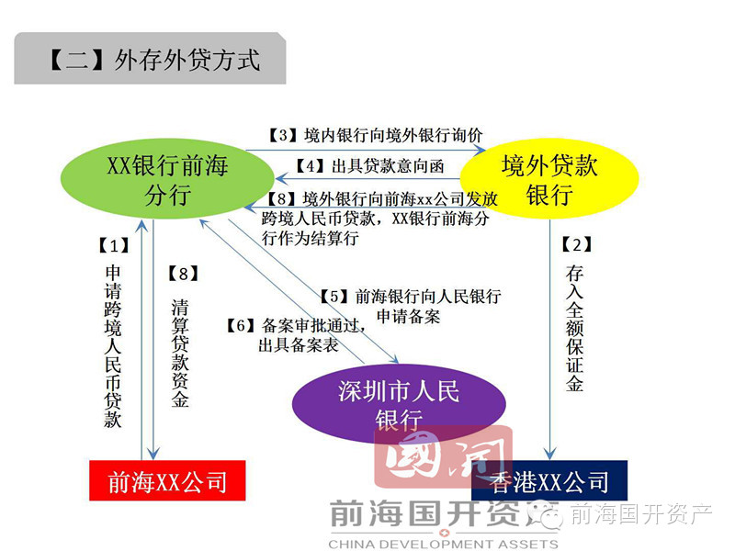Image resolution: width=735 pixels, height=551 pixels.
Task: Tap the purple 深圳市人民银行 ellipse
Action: pyautogui.click(x=399, y=405)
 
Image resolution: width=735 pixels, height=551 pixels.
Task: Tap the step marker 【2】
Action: pyautogui.click(x=574, y=245)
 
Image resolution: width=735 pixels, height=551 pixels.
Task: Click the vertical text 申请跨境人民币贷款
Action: pyautogui.click(x=113, y=347)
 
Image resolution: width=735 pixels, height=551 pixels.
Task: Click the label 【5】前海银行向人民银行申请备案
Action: pyautogui.click(x=410, y=307)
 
